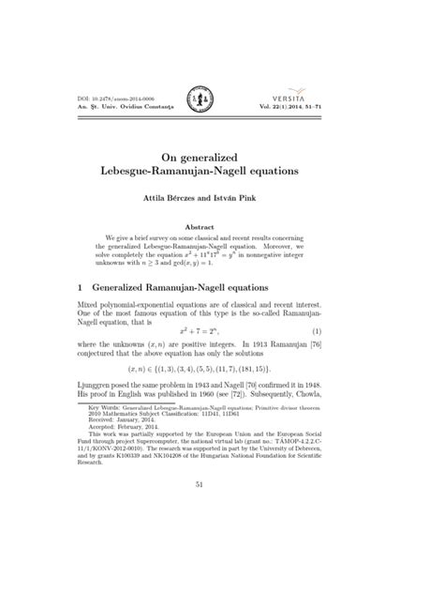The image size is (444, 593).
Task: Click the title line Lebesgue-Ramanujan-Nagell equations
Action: point(222,174)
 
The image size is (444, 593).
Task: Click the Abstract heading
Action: point(221,227)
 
